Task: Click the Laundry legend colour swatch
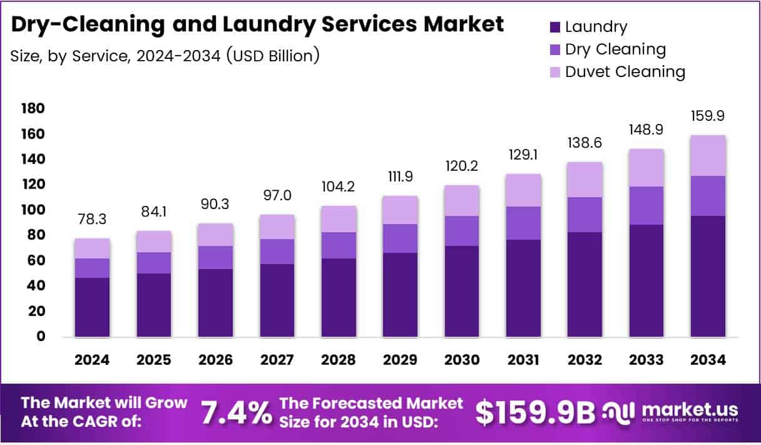coord(555,27)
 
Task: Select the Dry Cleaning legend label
coord(615,49)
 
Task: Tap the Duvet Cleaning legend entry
coord(625,71)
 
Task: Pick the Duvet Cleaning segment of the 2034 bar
coord(708,156)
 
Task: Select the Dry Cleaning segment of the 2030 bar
coord(461,231)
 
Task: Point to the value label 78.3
coord(92,220)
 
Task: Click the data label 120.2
coord(461,167)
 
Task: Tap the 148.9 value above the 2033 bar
coord(646,130)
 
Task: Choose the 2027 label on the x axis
coord(277,360)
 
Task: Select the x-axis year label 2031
coord(523,360)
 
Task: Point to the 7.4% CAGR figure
coord(236,412)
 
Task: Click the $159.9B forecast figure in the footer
coord(535,412)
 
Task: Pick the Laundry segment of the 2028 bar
coord(338,297)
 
